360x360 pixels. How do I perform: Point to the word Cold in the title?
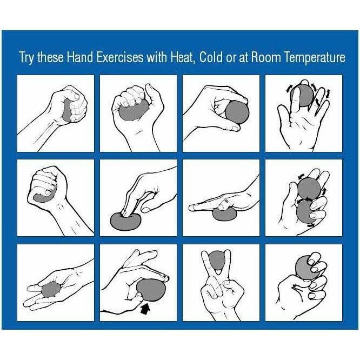pyautogui.click(x=211, y=58)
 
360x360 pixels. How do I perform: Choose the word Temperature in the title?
pyautogui.click(x=314, y=58)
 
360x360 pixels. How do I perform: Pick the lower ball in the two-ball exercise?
pyautogui.click(x=306, y=211)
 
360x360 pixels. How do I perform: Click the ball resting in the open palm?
pyautogui.click(x=51, y=289)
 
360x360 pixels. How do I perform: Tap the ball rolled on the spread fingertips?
pyautogui.click(x=302, y=95)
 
